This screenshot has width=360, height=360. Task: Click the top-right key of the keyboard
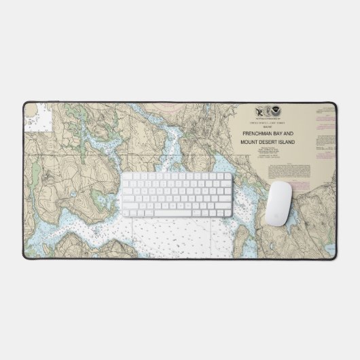[x=228, y=175]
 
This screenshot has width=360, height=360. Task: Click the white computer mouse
[x=279, y=203]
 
